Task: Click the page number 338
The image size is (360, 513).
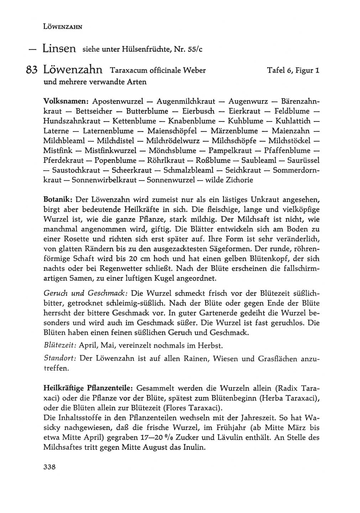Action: point(49,467)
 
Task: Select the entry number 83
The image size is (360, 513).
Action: point(32,70)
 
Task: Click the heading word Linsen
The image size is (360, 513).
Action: point(59,48)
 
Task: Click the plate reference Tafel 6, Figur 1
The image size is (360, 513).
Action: point(293,70)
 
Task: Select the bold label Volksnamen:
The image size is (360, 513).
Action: point(66,101)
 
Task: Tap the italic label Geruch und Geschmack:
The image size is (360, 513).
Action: point(85,294)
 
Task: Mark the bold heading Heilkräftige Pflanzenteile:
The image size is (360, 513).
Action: point(88,388)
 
